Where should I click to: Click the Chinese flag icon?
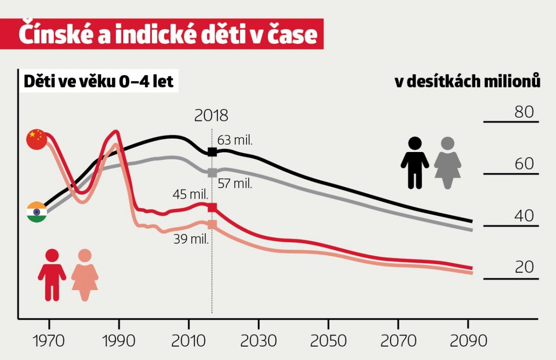click(x=37, y=139)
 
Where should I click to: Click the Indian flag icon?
click(x=37, y=212)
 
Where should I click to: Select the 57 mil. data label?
click(x=234, y=183)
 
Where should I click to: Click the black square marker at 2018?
click(x=212, y=152)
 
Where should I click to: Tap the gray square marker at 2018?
click(x=212, y=172)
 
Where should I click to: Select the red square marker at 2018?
click(x=212, y=207)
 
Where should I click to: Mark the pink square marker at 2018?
click(x=212, y=225)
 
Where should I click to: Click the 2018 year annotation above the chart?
click(x=211, y=115)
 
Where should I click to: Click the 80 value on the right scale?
click(x=524, y=112)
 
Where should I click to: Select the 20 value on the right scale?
click(x=524, y=267)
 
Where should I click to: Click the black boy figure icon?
click(x=415, y=163)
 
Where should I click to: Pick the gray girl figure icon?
click(x=448, y=163)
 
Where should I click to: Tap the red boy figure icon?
click(x=52, y=275)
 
